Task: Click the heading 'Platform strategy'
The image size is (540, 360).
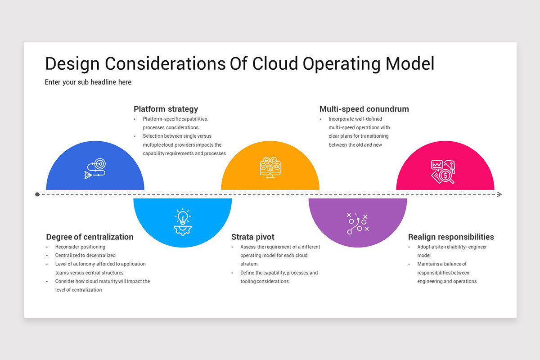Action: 166,109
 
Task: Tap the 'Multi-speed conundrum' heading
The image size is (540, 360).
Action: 364,109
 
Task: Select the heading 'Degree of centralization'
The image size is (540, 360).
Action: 90,237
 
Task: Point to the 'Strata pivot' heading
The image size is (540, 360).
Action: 252,237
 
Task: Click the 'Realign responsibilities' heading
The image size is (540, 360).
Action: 451,237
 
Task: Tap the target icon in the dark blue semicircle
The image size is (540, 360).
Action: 95,169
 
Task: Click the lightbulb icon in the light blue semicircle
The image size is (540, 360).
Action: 182,221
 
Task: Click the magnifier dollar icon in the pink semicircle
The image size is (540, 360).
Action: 443,171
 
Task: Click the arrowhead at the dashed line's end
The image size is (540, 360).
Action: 499,194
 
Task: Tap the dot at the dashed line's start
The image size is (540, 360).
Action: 37,194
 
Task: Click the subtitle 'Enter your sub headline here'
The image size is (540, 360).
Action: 88,82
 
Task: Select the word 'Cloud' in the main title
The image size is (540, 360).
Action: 275,64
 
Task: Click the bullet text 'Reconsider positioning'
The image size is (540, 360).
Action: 80,247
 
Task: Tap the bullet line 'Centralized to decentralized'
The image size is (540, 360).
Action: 85,255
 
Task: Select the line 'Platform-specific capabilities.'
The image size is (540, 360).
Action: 175,119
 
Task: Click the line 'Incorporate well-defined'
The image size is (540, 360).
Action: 355,119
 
